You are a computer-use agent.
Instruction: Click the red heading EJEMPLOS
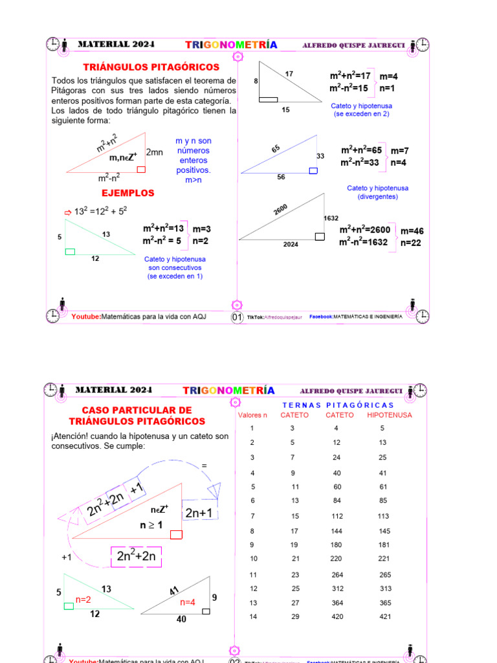pyautogui.click(x=128, y=193)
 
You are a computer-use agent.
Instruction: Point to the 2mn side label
pyautogui.click(x=155, y=152)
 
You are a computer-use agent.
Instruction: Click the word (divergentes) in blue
pyautogui.click(x=378, y=196)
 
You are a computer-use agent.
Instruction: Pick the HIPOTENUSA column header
pyautogui.click(x=389, y=415)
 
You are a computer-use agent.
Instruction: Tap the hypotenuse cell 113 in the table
pyautogui.click(x=383, y=516)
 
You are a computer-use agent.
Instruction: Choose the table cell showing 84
pyautogui.click(x=336, y=500)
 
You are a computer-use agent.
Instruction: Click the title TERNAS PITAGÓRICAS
pyautogui.click(x=338, y=405)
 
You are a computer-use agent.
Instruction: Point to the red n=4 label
pyautogui.click(x=188, y=602)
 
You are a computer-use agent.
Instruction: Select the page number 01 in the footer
pyautogui.click(x=237, y=317)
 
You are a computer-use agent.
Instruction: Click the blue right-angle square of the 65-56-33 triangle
pyautogui.click(x=313, y=170)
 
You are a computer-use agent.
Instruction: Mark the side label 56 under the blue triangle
pyautogui.click(x=281, y=177)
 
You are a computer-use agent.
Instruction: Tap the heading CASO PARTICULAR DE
pyautogui.click(x=137, y=410)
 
